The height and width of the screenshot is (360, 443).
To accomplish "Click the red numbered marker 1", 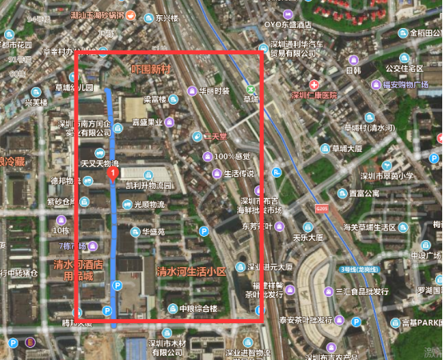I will [x=114, y=172].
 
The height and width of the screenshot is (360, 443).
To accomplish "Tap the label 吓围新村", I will [x=150, y=69].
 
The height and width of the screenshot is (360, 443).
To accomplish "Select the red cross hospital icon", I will [x=315, y=84].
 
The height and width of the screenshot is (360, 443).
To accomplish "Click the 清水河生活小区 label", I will [x=191, y=272].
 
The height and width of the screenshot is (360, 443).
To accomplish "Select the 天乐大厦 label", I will [x=307, y=238].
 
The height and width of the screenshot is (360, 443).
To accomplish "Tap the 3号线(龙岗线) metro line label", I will [x=358, y=270].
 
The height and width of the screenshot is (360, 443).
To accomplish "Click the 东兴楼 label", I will [x=166, y=17].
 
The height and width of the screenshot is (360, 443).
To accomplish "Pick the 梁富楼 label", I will [x=160, y=99].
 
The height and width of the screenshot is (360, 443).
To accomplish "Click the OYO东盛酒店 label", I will [x=292, y=24].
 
